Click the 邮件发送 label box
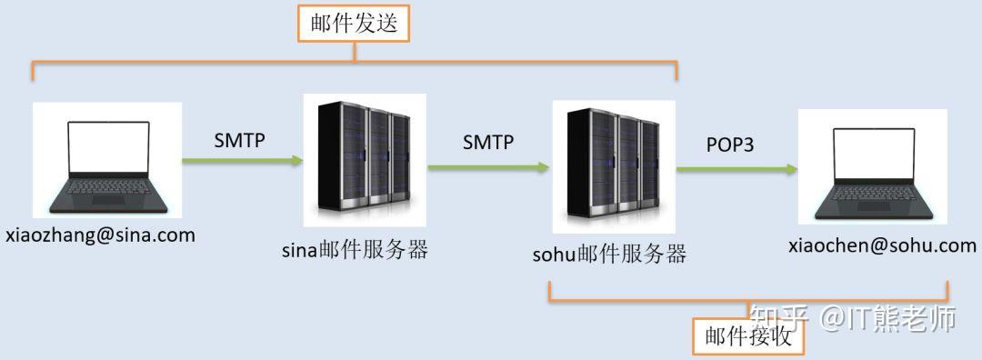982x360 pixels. click(x=354, y=25)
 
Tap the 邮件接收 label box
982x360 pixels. click(x=748, y=336)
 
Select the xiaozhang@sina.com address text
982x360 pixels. click(x=100, y=235)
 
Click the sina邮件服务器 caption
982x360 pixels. click(x=355, y=250)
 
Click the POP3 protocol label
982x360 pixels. click(x=730, y=144)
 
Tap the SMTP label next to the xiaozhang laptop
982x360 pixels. click(x=240, y=140)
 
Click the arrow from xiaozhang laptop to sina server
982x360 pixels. click(x=242, y=161)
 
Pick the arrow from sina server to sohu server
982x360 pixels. click(x=488, y=166)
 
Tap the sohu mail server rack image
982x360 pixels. click(x=613, y=165)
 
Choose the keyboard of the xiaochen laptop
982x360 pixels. click(x=873, y=196)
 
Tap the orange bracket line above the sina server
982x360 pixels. click(x=355, y=62)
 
